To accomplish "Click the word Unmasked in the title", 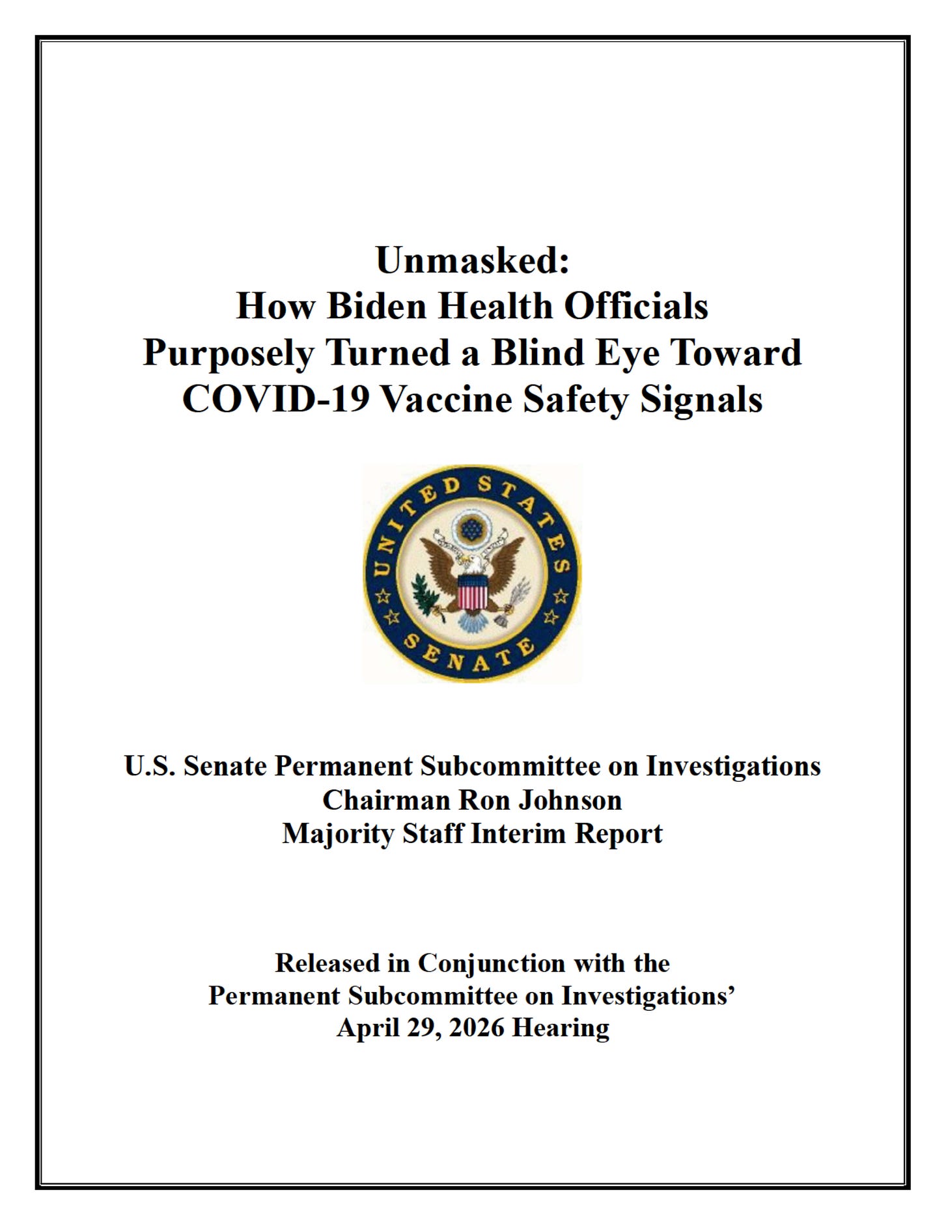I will pos(467,260).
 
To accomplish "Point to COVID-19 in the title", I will pos(276,398).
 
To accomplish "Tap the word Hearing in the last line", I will pos(561,1028).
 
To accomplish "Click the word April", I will pos(365,1028).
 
